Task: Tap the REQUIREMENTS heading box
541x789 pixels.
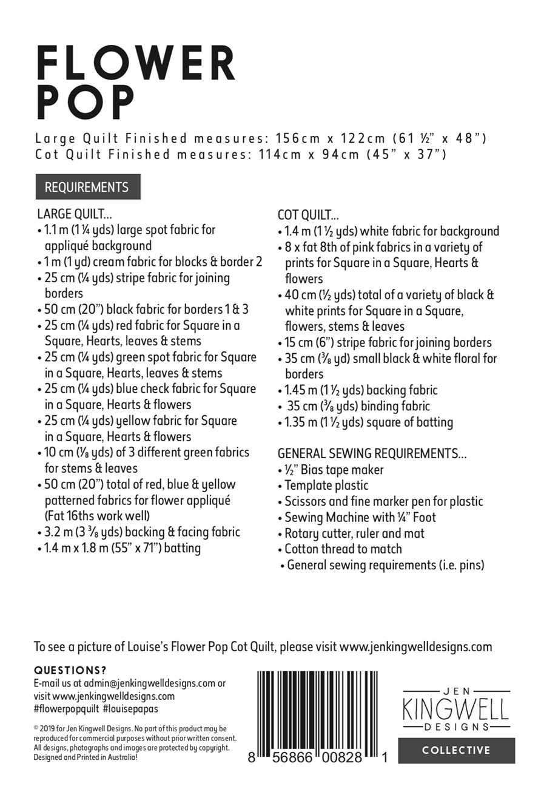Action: [87, 187]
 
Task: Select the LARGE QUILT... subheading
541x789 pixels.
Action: [75, 214]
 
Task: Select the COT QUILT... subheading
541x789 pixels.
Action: [308, 215]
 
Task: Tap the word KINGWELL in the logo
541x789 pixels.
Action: [456, 709]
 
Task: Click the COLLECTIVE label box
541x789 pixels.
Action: [456, 750]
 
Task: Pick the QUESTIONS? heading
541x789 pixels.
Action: [70, 671]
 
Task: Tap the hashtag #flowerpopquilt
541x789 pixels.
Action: [66, 708]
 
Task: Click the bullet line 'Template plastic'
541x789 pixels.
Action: [326, 486]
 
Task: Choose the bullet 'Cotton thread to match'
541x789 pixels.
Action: [343, 549]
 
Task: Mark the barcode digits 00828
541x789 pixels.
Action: [338, 757]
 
